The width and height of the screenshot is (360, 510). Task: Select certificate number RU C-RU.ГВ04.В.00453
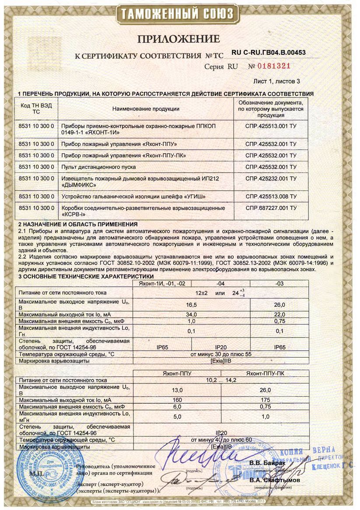[x=268, y=53]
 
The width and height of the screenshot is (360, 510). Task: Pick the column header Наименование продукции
[x=146, y=109]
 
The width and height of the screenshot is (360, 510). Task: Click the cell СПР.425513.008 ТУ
[x=271, y=196]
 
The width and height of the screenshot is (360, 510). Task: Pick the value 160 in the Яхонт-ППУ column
[x=178, y=400]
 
